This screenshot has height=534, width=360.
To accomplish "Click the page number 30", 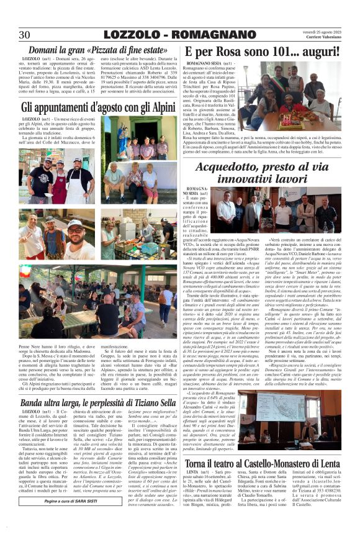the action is [24, 35].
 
